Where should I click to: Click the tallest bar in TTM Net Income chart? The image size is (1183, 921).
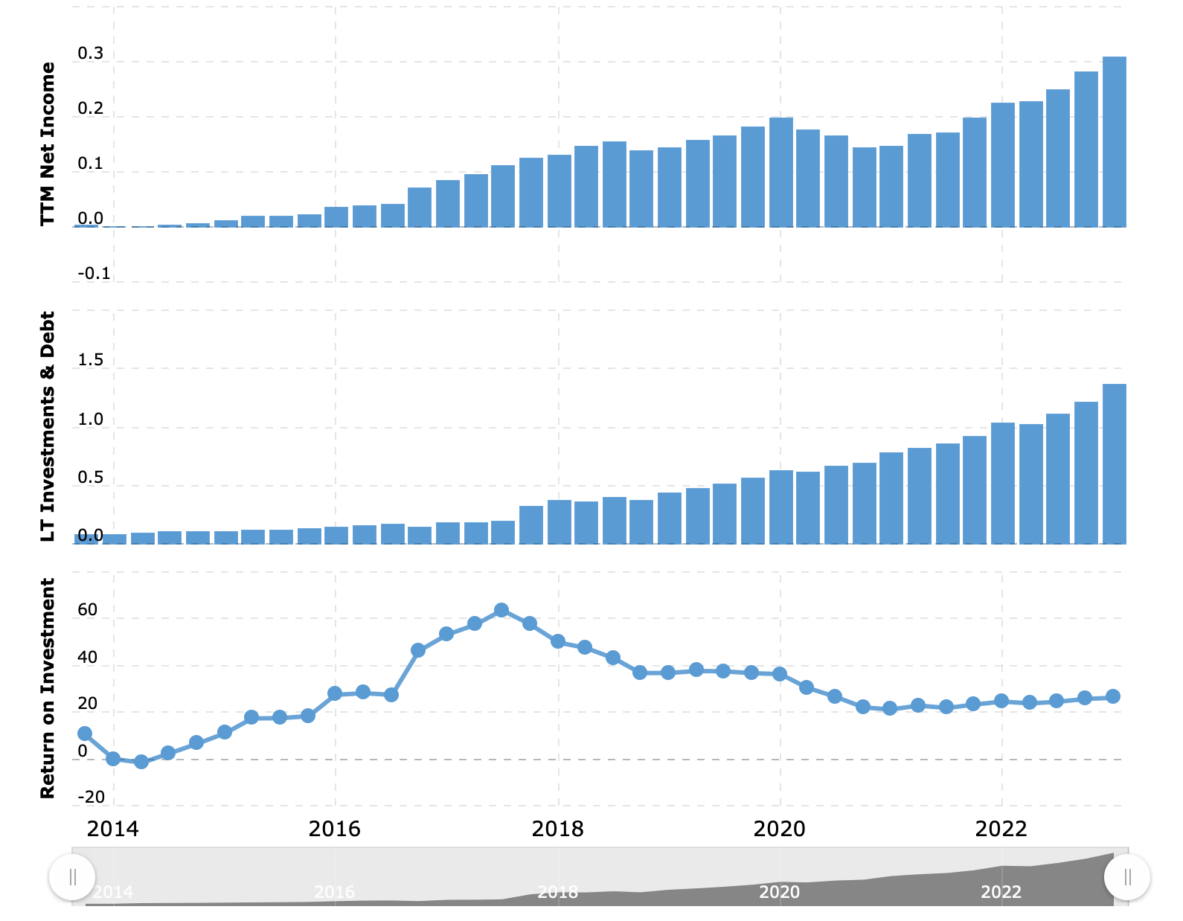pyautogui.click(x=1114, y=141)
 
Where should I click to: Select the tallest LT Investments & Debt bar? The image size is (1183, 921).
pyautogui.click(x=1114, y=463)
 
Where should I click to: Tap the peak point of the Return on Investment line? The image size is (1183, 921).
pyautogui.click(x=501, y=610)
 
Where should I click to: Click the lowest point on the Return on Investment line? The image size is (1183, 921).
pyautogui.click(x=141, y=762)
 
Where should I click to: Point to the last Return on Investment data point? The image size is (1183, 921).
pyautogui.click(x=1113, y=696)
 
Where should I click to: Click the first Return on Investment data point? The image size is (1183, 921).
pyautogui.click(x=85, y=734)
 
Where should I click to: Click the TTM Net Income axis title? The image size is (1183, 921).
pyautogui.click(x=48, y=144)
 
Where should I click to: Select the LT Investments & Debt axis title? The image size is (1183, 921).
pyautogui.click(x=48, y=426)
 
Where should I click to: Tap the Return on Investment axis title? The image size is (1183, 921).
pyautogui.click(x=48, y=688)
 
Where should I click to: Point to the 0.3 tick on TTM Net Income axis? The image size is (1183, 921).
pyautogui.click(x=90, y=54)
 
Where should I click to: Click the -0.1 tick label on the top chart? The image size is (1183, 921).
pyautogui.click(x=94, y=274)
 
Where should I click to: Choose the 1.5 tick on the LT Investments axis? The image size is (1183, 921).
pyautogui.click(x=90, y=360)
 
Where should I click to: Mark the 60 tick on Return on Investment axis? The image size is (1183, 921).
pyautogui.click(x=87, y=610)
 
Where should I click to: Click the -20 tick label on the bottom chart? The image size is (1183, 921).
pyautogui.click(x=92, y=798)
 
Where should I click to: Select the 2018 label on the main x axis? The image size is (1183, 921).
pyautogui.click(x=557, y=829)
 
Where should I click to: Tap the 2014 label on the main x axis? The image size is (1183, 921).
pyautogui.click(x=112, y=829)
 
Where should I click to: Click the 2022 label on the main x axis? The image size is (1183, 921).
pyautogui.click(x=1001, y=829)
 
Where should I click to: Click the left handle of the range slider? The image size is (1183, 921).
pyautogui.click(x=72, y=877)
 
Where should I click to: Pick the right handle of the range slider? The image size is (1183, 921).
pyautogui.click(x=1127, y=877)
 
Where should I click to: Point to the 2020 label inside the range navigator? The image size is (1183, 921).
pyautogui.click(x=779, y=892)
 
